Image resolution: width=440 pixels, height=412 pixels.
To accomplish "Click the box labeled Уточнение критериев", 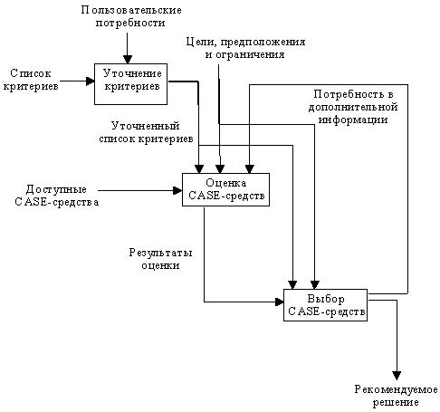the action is click(130, 84).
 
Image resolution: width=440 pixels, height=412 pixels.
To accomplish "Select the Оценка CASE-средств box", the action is click(225, 189).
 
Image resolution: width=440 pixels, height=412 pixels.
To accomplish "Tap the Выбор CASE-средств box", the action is click(325, 305).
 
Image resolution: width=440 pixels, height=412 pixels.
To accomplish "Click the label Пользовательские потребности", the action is click(131, 16).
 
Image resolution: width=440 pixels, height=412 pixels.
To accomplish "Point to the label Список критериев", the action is click(31, 80).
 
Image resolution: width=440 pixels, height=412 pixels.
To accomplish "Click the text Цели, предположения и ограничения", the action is click(245, 48).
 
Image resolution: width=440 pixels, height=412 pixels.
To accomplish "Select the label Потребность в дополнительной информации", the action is click(353, 107).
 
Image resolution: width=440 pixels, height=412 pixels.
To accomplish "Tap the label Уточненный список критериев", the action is click(146, 132).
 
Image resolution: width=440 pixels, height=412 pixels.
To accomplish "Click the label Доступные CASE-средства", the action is click(57, 196).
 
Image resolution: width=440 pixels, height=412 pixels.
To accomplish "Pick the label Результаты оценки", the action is click(160, 259).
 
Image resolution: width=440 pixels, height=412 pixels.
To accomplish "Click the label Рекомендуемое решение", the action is click(396, 396).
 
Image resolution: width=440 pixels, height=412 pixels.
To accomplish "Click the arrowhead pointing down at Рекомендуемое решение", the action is click(397, 376).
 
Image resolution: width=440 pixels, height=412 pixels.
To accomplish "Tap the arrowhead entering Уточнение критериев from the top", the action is click(128, 59).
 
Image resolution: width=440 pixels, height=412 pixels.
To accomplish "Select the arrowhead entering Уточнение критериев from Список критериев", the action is click(91, 81).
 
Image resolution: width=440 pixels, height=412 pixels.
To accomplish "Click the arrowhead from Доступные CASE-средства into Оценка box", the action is click(177, 190).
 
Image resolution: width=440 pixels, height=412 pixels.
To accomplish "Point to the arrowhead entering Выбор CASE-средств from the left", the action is click(280, 302).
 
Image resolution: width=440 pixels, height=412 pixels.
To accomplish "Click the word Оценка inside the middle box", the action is click(226, 183).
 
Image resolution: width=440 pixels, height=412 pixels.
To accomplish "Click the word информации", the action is click(353, 120).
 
